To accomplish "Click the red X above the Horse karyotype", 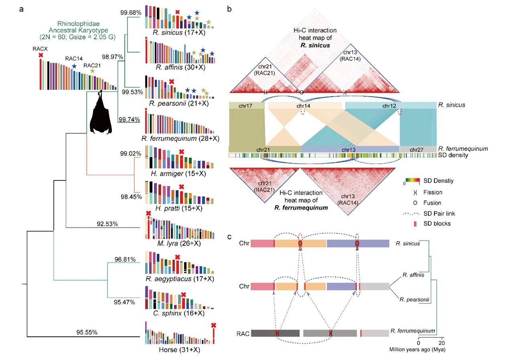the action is tap(213, 325).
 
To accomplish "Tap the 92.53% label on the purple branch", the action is tap(107, 224).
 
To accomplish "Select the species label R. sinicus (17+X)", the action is tap(179, 33).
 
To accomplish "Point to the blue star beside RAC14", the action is tap(74, 66).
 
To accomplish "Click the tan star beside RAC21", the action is tap(92, 71).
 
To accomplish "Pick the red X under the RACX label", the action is tap(41, 55).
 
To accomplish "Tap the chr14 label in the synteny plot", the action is tap(303, 106).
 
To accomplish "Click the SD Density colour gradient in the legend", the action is tap(412, 180).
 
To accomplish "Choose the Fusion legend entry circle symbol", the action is tap(415, 203).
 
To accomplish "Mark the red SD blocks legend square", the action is tap(415, 224).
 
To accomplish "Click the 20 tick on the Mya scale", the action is tap(442, 343).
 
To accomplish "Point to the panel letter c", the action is tap(229, 237).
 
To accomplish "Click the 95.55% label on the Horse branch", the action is tap(87, 332).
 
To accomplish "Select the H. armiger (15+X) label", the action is tap(178, 174).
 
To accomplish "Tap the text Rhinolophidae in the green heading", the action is tap(78, 24).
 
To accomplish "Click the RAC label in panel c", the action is tap(243, 334).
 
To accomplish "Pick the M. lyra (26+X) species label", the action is tap(179, 244).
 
